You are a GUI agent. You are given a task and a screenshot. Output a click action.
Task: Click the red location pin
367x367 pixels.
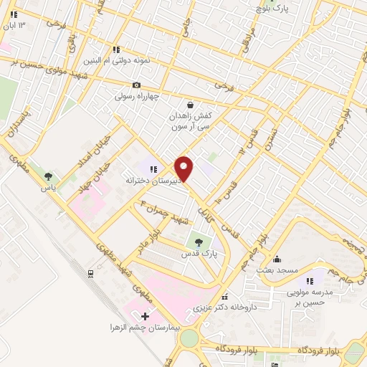pyautogui.click(x=184, y=168)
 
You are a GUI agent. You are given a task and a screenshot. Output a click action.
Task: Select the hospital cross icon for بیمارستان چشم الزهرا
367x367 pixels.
pyautogui.click(x=146, y=315)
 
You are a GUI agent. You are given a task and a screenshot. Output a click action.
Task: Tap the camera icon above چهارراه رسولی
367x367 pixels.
pyautogui.click(x=137, y=85)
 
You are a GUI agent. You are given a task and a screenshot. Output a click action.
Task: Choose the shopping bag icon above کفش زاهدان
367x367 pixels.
pyautogui.click(x=189, y=103)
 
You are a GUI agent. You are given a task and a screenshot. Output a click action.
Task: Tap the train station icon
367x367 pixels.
pyautogui.click(x=90, y=273)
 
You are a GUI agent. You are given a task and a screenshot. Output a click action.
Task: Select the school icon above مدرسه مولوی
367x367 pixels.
pyautogui.click(x=310, y=282)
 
